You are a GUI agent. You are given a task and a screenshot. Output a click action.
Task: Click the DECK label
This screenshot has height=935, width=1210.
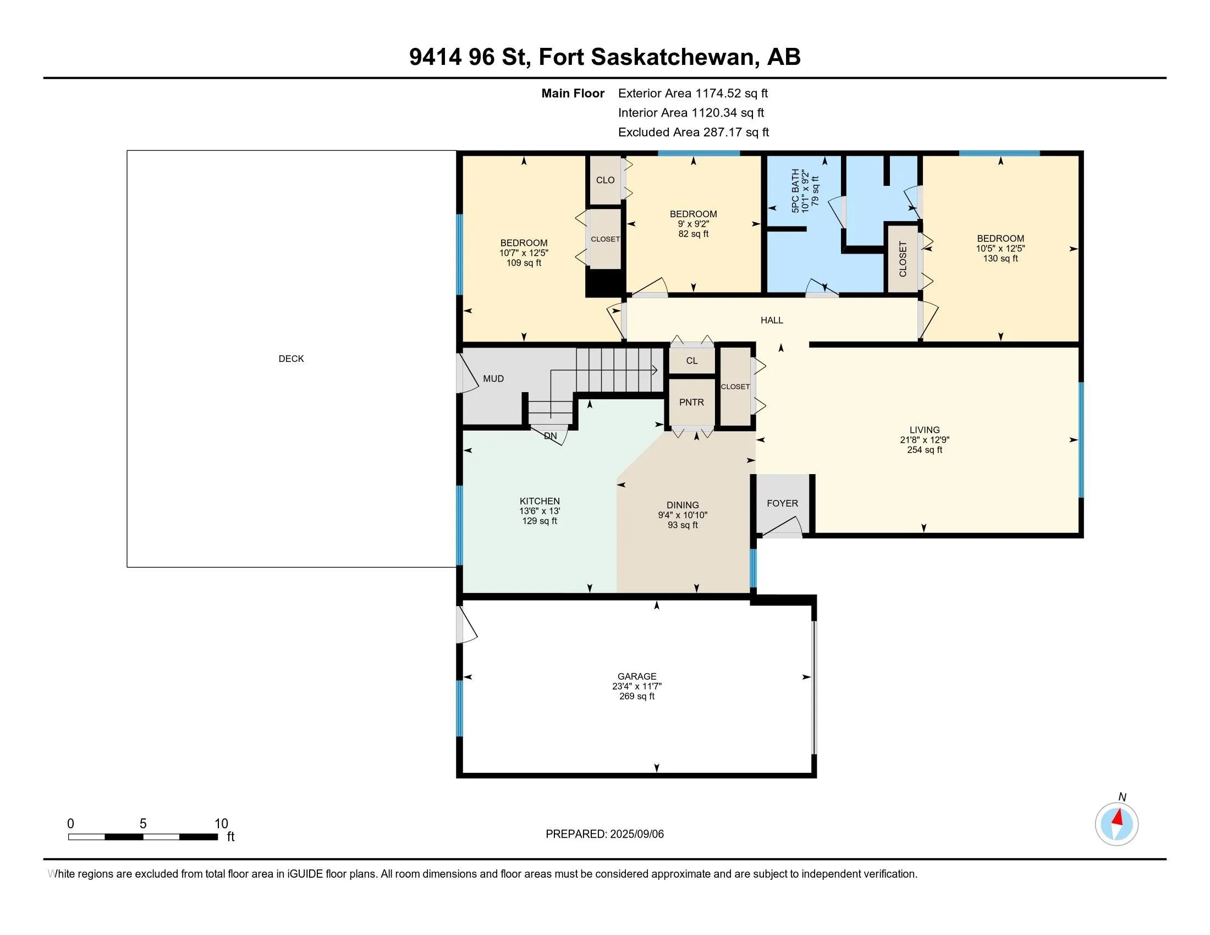pos(291,359)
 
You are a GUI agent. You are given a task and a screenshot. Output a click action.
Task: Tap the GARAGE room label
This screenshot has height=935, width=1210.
pos(637,676)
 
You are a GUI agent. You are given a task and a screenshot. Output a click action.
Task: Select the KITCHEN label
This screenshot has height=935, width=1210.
pos(540,501)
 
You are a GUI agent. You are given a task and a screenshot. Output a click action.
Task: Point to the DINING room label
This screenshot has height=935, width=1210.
pos(683,505)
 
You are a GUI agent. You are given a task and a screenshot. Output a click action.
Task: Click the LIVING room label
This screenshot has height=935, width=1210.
pos(925,430)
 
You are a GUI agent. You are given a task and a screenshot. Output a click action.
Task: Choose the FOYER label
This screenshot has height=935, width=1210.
pos(782,503)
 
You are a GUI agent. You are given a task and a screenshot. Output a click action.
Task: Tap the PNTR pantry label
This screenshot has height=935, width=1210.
pos(691,403)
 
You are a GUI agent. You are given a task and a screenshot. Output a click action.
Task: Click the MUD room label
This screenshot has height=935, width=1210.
pos(493,379)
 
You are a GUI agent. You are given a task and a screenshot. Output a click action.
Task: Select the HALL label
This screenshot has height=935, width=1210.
pos(772,320)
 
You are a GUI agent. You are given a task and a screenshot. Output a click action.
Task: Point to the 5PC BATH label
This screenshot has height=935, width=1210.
pos(796,191)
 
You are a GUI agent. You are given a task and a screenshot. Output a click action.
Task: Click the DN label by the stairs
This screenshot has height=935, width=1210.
pos(550,436)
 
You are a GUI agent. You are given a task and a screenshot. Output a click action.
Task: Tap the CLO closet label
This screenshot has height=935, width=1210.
pos(605,180)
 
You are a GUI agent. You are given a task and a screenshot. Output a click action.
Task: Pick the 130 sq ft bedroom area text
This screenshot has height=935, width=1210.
pos(1000,258)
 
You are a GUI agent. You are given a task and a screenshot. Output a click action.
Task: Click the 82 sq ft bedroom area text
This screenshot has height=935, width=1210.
pos(694,234)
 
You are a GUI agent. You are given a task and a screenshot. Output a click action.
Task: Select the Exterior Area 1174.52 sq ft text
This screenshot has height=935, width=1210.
pos(693,93)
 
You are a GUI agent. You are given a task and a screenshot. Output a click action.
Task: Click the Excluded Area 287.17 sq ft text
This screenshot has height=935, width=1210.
pos(694,133)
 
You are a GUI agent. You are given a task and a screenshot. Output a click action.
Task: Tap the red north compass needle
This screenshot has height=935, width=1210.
pos(1119,817)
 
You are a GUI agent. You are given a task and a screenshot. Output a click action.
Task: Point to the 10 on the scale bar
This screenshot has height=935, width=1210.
pos(221,824)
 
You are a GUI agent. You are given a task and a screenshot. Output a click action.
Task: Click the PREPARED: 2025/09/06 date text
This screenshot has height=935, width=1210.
pos(604,834)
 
